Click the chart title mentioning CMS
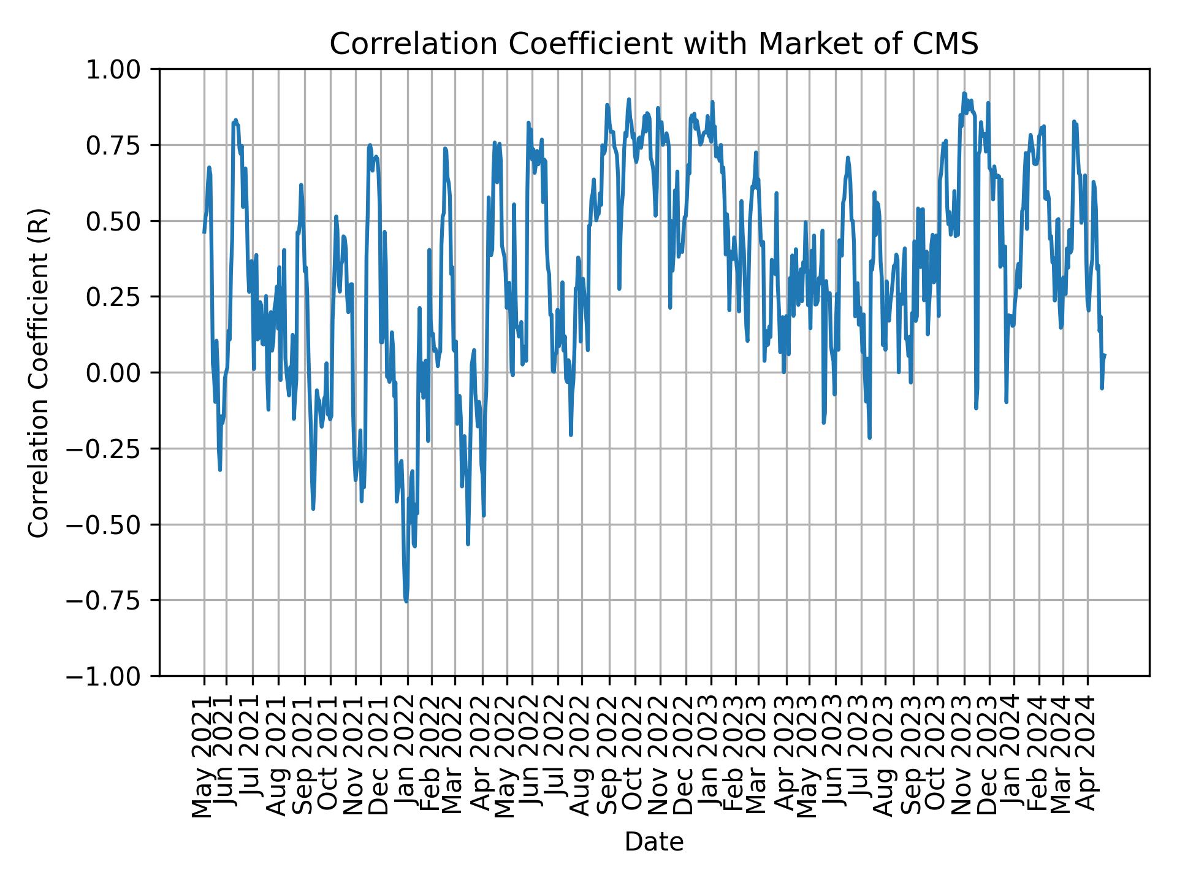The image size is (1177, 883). point(653,44)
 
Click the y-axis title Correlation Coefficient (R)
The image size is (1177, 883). point(39,372)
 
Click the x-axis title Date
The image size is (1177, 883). point(653,842)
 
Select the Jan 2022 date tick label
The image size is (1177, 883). point(406,757)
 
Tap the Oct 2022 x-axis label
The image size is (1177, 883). point(634,757)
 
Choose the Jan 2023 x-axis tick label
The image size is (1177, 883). point(711,757)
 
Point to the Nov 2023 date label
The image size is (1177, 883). point(964,757)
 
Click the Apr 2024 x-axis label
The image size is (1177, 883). point(1087,757)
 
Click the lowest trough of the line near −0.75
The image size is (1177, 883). point(406,601)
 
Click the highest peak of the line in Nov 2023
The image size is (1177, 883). point(964,93)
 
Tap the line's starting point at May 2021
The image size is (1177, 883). point(204,232)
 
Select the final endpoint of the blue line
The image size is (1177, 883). point(1104,355)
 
